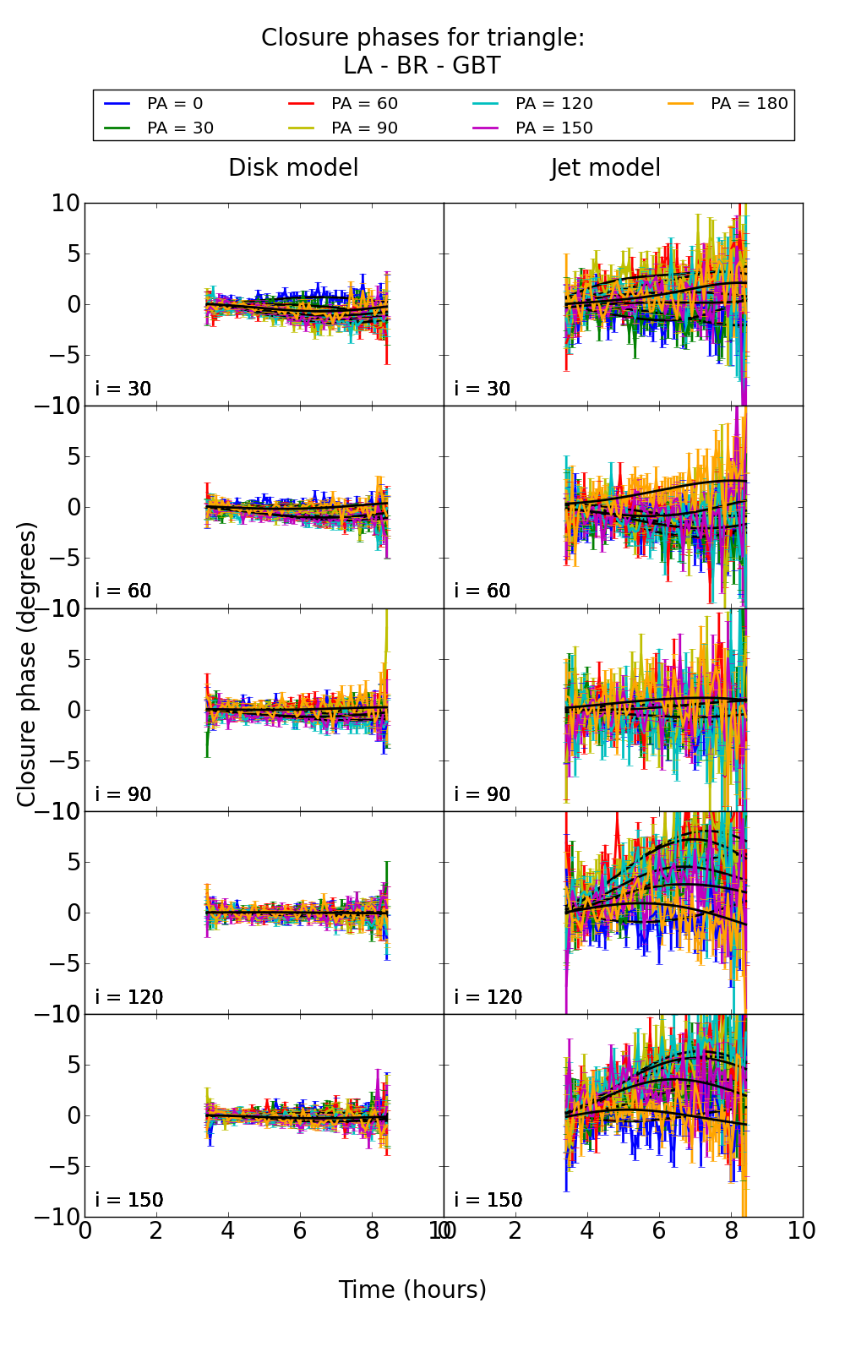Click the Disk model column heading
(x=293, y=168)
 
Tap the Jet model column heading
(x=605, y=168)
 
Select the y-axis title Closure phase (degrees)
(x=27, y=664)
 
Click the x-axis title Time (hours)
(x=412, y=1290)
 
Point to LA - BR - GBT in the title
(x=422, y=66)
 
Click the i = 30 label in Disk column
(x=123, y=390)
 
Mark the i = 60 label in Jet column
(x=482, y=591)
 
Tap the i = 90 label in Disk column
(x=123, y=795)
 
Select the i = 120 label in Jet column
(x=488, y=998)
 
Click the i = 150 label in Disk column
(x=129, y=1201)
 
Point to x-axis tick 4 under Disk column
(x=228, y=1231)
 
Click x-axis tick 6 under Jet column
(x=659, y=1231)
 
